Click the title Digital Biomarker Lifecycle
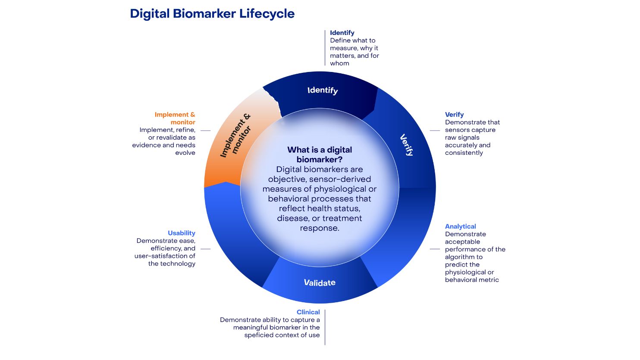(x=212, y=14)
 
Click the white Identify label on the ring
(x=323, y=90)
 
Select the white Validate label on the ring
(x=320, y=282)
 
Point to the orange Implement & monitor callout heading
(x=175, y=118)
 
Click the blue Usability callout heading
(x=182, y=233)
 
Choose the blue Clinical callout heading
(x=308, y=312)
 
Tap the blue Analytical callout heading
(x=460, y=226)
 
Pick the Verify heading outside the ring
(x=454, y=115)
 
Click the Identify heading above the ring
(x=342, y=33)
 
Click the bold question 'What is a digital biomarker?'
(x=320, y=155)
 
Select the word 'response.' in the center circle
(x=320, y=228)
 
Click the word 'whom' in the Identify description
(x=339, y=63)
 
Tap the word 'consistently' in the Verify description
(x=464, y=153)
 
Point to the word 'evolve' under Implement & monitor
(x=185, y=153)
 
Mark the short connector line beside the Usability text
(x=205, y=249)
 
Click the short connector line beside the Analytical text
(x=435, y=249)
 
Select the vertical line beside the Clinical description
(x=325, y=327)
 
